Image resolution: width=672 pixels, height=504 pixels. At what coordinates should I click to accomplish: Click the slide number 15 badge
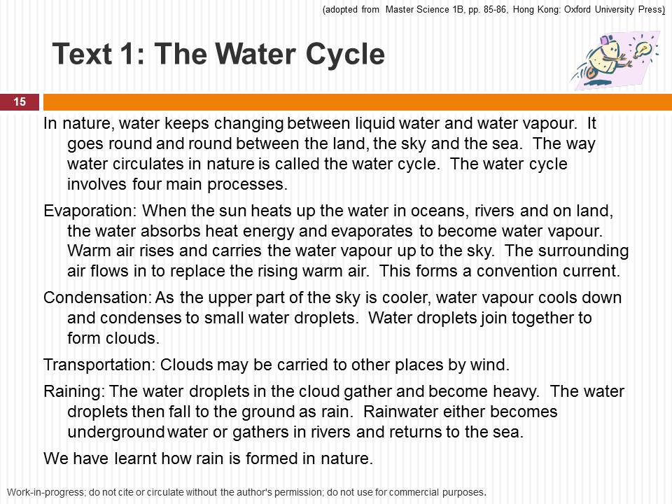click(x=20, y=102)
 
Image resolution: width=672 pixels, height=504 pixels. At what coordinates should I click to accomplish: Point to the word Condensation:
click(x=98, y=297)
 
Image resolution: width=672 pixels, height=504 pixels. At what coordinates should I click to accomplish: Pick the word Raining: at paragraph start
click(x=74, y=392)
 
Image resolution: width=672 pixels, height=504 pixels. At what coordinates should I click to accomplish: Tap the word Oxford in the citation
click(x=577, y=9)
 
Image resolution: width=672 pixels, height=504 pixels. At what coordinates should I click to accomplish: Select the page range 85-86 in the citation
click(x=496, y=9)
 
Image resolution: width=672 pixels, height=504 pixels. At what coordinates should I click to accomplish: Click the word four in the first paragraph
click(x=146, y=184)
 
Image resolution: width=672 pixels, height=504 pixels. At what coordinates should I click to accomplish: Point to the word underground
click(x=115, y=432)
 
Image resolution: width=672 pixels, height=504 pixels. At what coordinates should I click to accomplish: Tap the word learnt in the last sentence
click(x=135, y=458)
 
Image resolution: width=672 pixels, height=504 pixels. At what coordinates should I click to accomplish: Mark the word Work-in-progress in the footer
click(x=46, y=492)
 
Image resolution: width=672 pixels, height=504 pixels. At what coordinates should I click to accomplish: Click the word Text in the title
click(x=82, y=55)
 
